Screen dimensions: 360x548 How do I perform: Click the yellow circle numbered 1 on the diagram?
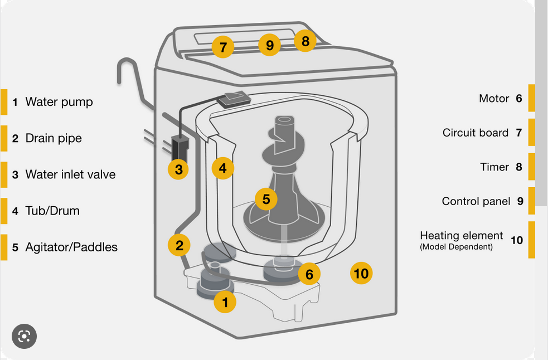225,302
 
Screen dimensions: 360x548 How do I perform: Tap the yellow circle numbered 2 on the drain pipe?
179,245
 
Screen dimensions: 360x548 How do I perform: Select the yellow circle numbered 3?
178,169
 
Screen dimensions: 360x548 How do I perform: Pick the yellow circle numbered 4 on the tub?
222,167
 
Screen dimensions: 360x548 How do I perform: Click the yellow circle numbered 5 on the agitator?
266,199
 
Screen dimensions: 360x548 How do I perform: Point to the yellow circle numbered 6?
309,274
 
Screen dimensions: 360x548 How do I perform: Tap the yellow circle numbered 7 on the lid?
223,47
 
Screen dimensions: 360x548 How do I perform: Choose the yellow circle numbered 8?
305,41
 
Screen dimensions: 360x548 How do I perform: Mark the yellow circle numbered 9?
270,45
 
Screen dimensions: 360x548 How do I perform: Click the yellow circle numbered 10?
361,273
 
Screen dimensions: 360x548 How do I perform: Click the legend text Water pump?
59,102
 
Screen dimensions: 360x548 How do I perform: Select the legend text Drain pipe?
54,138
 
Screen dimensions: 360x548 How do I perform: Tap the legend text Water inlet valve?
70,174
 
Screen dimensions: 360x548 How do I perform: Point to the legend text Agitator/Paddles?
71,247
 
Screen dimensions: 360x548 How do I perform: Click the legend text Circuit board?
476,133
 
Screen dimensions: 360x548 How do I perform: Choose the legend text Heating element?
462,236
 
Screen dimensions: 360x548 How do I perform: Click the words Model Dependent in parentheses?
457,247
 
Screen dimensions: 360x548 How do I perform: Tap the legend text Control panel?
476,201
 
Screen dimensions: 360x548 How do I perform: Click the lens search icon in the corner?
24,336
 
